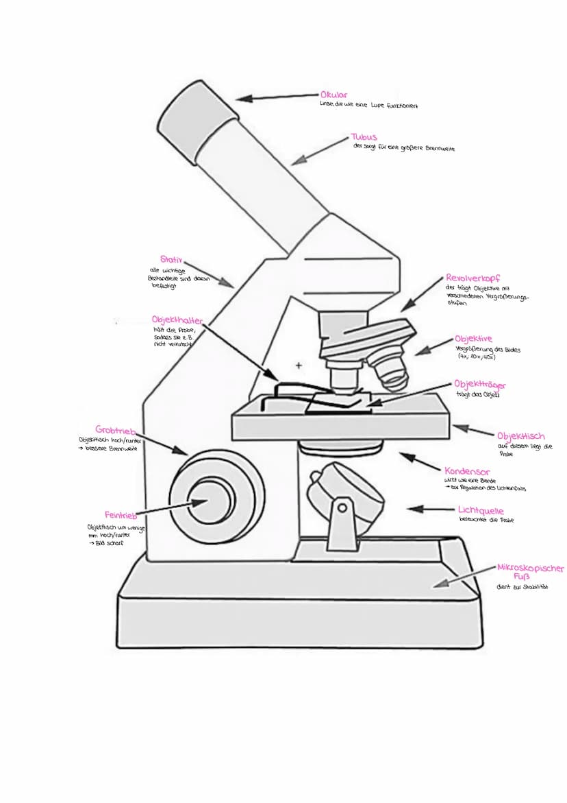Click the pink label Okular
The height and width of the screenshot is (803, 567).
click(x=333, y=95)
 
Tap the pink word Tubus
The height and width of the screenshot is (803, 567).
click(x=364, y=137)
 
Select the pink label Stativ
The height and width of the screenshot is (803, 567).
click(x=172, y=259)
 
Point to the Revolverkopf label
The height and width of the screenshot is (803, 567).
click(x=473, y=278)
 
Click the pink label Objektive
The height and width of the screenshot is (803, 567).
click(x=473, y=339)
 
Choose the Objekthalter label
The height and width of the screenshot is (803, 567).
click(x=177, y=320)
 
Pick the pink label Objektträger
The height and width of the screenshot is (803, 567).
click(x=480, y=385)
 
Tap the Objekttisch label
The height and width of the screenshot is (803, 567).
click(x=520, y=436)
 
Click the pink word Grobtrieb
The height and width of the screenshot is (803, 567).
click(x=116, y=429)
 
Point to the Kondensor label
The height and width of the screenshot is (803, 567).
click(x=467, y=472)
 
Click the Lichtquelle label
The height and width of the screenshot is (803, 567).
click(x=481, y=511)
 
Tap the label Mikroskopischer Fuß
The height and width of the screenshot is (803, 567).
click(x=530, y=572)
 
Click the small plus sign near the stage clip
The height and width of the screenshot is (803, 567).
click(x=299, y=366)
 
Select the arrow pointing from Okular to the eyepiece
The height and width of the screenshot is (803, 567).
click(x=277, y=97)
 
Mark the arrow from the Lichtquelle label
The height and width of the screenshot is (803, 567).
click(x=431, y=510)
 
